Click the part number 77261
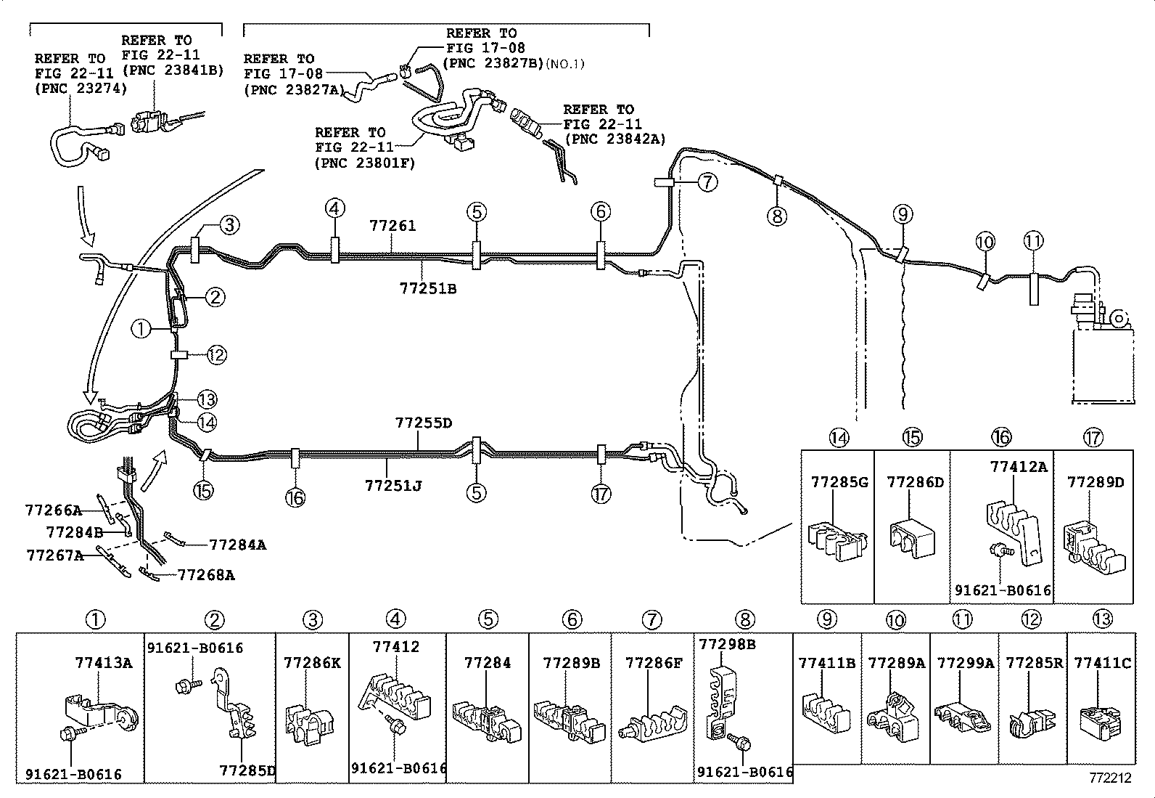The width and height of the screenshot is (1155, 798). [x=392, y=226]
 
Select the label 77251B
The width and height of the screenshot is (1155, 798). [x=427, y=288]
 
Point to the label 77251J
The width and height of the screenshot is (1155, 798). [x=392, y=484]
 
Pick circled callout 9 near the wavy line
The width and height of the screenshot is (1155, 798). [x=903, y=214]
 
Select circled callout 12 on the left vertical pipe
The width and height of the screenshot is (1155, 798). [x=216, y=355]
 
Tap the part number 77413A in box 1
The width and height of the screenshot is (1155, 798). [x=103, y=662]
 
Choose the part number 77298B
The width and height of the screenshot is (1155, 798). [x=727, y=643]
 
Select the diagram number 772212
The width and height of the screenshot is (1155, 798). [x=1109, y=778]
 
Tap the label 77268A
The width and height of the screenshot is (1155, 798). [x=206, y=575]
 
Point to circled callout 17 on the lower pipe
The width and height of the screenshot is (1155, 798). [x=601, y=494]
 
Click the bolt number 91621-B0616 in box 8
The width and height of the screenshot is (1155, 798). [x=744, y=772]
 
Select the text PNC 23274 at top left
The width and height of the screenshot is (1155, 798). [x=80, y=89]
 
